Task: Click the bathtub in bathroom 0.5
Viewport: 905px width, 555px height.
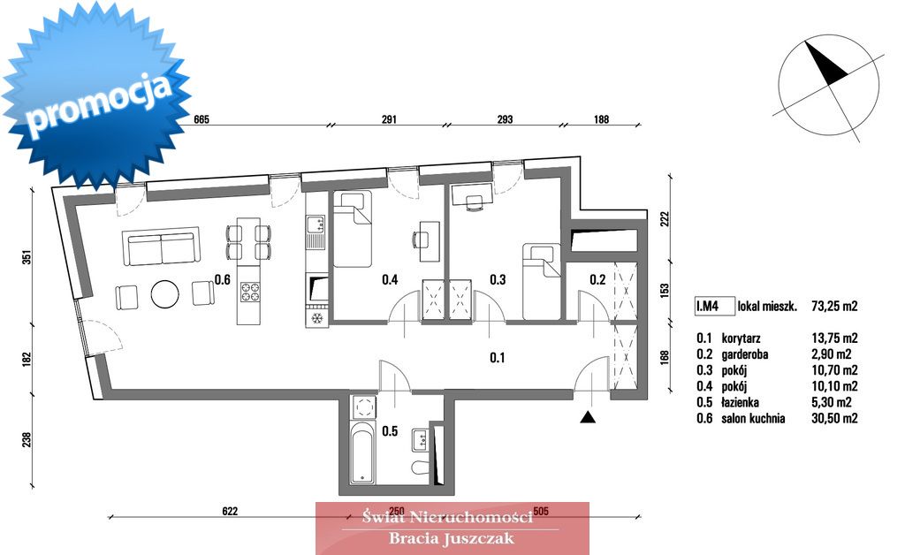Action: coord(362,452)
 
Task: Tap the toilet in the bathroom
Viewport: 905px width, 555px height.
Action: coord(420,467)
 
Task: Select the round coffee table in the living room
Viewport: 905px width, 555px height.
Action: coord(165,294)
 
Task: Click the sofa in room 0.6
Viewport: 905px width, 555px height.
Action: coord(161,247)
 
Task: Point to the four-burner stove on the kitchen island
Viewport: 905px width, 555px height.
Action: coord(250,290)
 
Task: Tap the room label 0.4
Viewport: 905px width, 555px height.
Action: coord(390,280)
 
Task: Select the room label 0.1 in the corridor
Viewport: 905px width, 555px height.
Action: coord(497,358)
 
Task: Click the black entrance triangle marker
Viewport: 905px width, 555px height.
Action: coord(588,417)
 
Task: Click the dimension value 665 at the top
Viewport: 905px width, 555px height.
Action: coord(202,120)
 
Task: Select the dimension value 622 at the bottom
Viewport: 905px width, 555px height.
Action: coord(230,511)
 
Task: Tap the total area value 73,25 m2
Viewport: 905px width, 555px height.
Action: coord(834,307)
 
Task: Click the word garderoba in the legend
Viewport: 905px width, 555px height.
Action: coord(744,354)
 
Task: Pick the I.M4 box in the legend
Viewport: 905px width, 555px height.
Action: coord(714,306)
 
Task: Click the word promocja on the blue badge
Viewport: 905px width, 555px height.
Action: coord(99,105)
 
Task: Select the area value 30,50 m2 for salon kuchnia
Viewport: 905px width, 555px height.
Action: coord(834,418)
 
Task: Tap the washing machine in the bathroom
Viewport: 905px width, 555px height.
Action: coord(363,407)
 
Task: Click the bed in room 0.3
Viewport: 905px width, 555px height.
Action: coord(542,282)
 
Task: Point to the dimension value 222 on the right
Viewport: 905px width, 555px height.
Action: coord(665,219)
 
